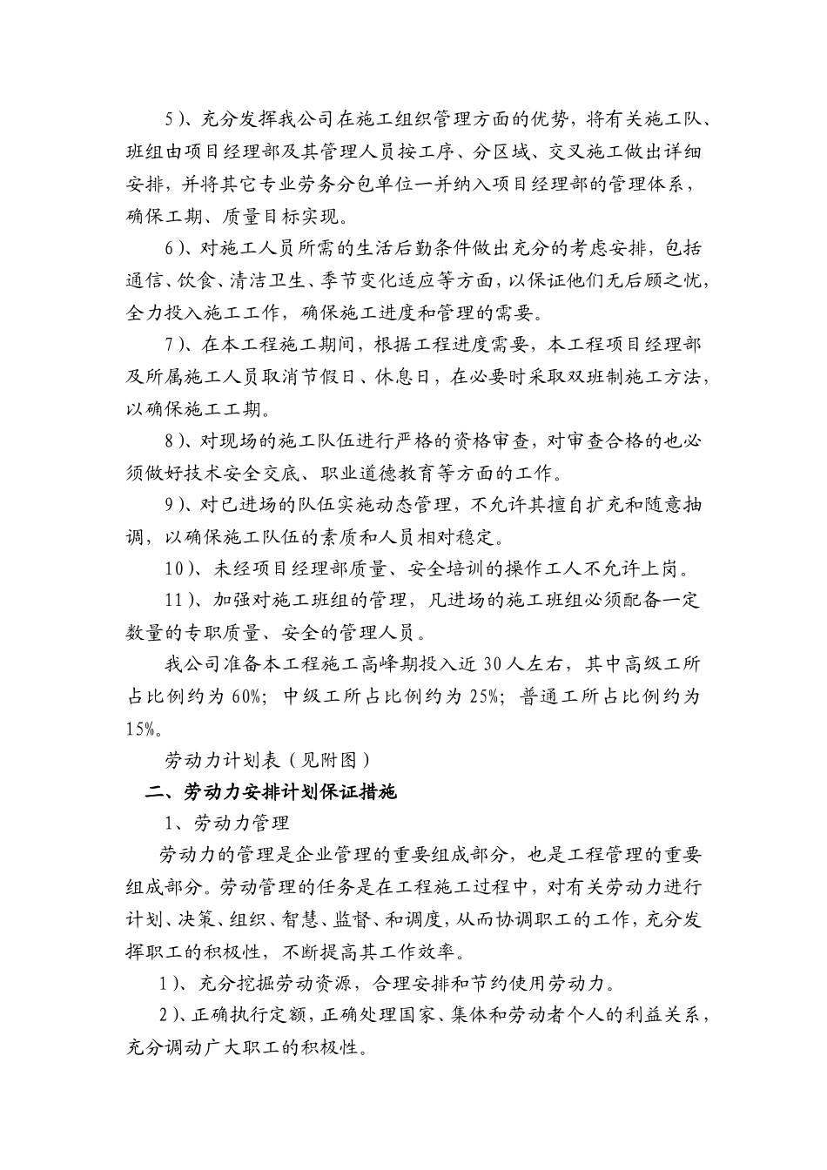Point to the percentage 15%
(x=141, y=730)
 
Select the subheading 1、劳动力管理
(x=227, y=823)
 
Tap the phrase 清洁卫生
(x=263, y=280)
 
